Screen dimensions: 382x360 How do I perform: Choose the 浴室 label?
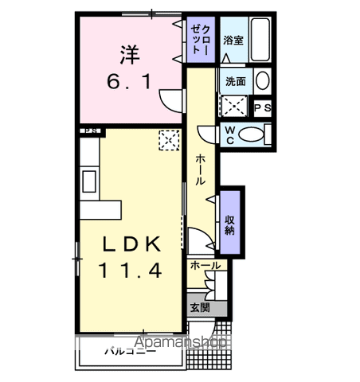tap(233, 41)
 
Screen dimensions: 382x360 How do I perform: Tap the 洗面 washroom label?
tap(235, 81)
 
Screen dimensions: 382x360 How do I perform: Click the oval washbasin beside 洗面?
tap(262, 80)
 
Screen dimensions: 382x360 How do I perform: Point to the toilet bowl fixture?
tap(256, 134)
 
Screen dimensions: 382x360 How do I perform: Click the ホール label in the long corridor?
tap(199, 169)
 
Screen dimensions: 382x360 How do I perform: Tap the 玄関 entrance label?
tap(199, 307)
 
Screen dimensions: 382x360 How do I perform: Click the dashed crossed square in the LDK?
tap(169, 141)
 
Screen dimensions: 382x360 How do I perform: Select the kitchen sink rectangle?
tap(88, 181)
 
